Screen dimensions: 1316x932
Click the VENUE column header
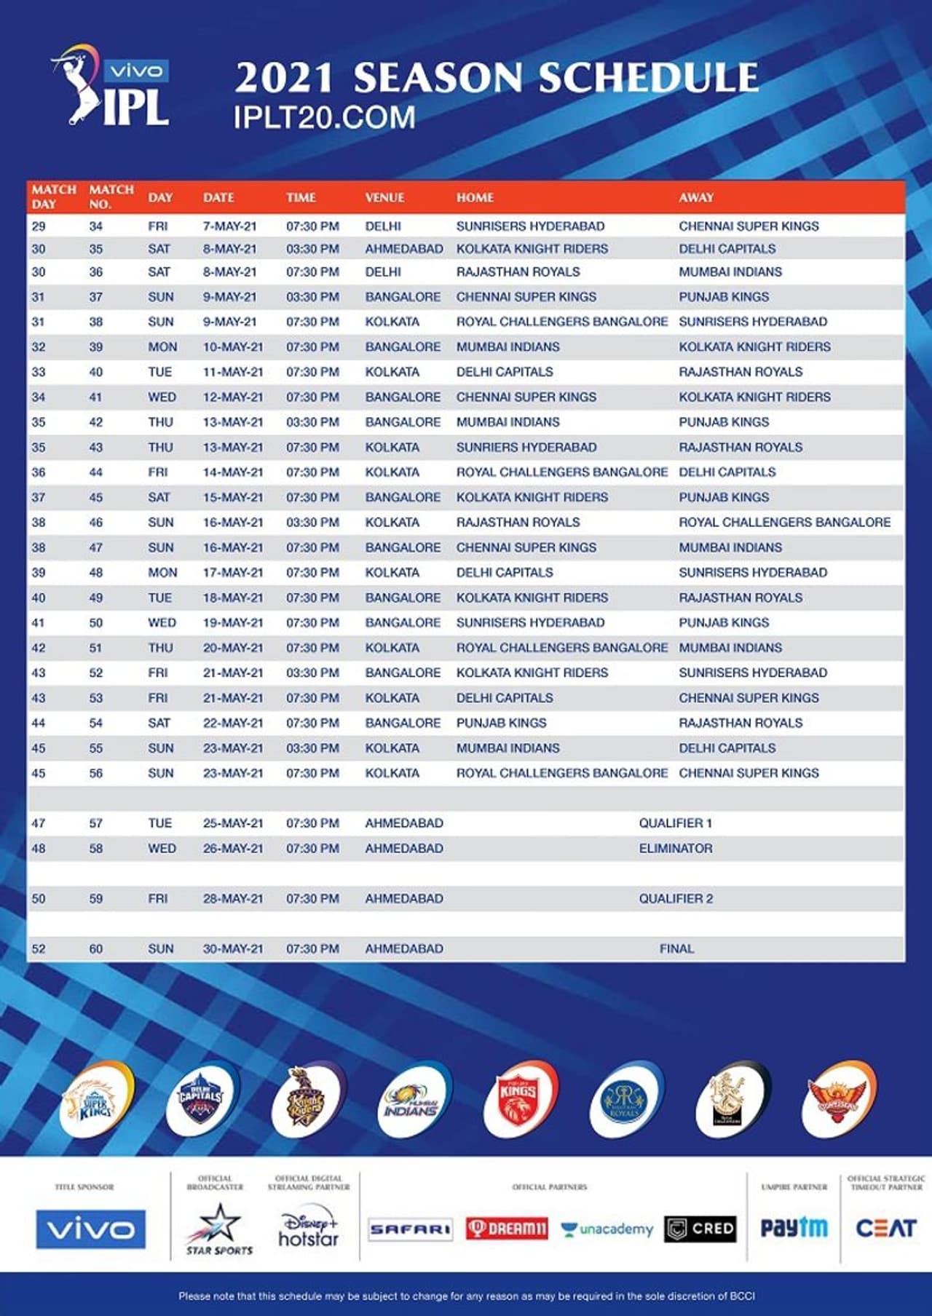384,197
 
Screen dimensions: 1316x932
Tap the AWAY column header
696,197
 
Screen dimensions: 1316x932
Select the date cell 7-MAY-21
229,226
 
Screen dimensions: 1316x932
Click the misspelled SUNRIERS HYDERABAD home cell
526,447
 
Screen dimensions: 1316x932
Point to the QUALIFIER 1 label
675,823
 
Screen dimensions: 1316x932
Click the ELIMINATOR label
676,848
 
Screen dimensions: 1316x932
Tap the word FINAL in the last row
676,948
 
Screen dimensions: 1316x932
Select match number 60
96,948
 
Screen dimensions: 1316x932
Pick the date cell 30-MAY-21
232,948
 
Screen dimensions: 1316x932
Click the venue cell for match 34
383,226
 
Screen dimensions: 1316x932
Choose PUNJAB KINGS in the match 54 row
501,723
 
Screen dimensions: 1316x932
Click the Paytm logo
794,1229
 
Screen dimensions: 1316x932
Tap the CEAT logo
885,1229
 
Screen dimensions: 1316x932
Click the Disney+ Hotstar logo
309,1229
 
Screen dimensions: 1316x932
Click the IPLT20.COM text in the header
324,118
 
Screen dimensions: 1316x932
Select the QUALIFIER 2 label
676,898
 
